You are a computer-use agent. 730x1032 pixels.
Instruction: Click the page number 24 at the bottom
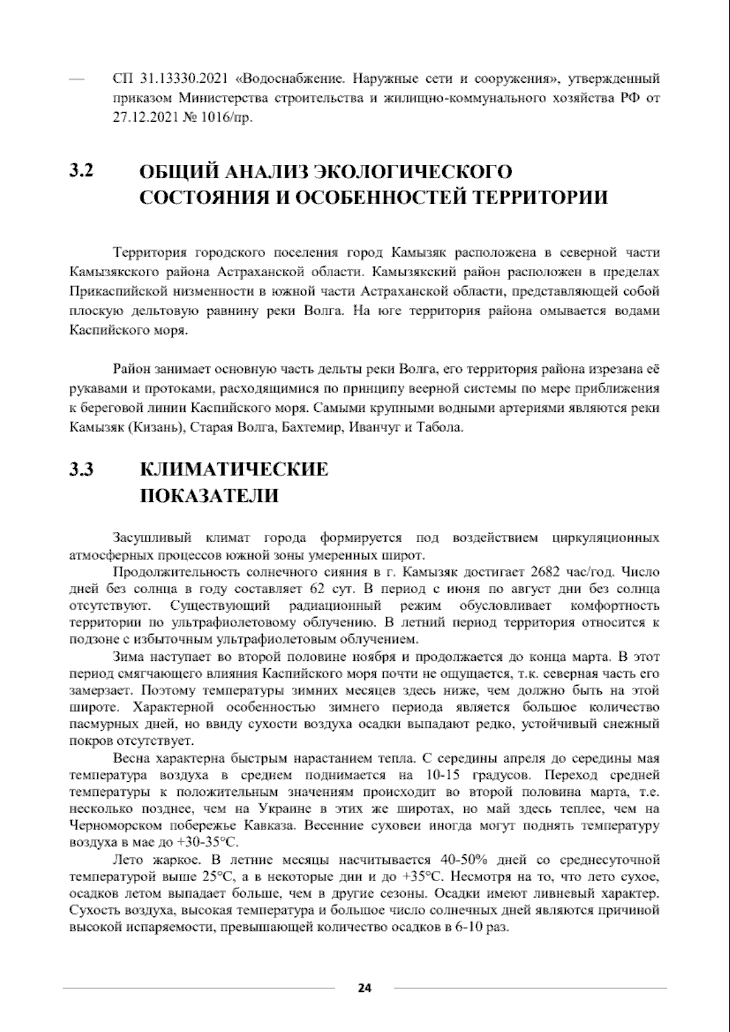(x=364, y=987)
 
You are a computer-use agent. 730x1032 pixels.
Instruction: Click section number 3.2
(x=81, y=172)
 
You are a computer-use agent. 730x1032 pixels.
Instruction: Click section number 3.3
(x=81, y=469)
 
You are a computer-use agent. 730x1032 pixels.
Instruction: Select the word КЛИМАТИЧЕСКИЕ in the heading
(x=234, y=469)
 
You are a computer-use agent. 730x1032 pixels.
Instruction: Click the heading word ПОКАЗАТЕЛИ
(x=209, y=495)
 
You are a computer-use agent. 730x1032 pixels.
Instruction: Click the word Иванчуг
(x=375, y=427)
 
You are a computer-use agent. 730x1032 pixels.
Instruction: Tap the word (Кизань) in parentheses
(x=156, y=427)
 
